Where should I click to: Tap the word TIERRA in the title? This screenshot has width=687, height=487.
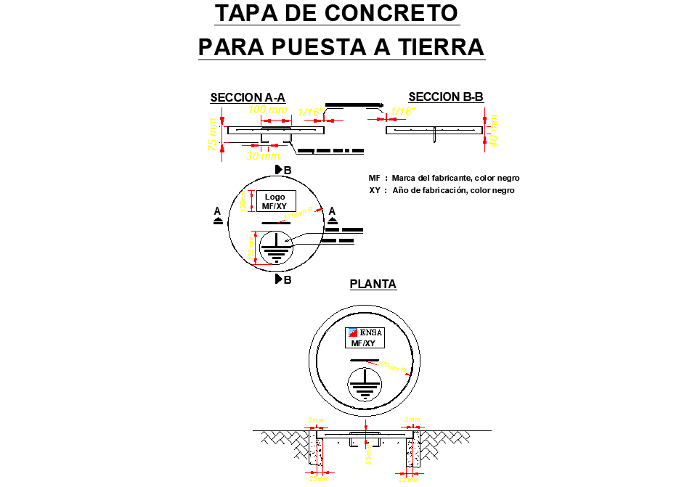tap(440, 47)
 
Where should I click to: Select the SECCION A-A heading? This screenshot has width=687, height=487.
tap(248, 98)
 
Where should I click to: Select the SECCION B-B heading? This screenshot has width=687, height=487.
tap(446, 97)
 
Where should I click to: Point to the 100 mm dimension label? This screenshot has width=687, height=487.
tap(268, 110)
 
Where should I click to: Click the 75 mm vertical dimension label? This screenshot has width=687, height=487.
tap(213, 135)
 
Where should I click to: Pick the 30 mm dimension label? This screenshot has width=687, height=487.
tap(262, 155)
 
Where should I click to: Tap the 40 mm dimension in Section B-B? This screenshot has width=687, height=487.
tap(495, 130)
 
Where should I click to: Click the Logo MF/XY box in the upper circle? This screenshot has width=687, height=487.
tap(275, 201)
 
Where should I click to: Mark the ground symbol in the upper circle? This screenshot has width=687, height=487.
tap(277, 247)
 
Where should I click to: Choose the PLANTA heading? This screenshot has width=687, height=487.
tap(373, 285)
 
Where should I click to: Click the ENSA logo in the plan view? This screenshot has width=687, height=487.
tap(364, 333)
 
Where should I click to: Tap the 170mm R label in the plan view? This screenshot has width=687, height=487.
tap(396, 367)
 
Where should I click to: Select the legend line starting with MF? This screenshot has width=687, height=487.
tap(444, 178)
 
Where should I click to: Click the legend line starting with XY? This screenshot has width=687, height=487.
tap(442, 190)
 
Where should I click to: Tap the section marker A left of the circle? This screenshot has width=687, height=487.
tap(218, 216)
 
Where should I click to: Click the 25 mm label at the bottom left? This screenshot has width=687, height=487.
tap(318, 479)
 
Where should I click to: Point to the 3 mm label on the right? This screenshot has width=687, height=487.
tap(412, 420)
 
